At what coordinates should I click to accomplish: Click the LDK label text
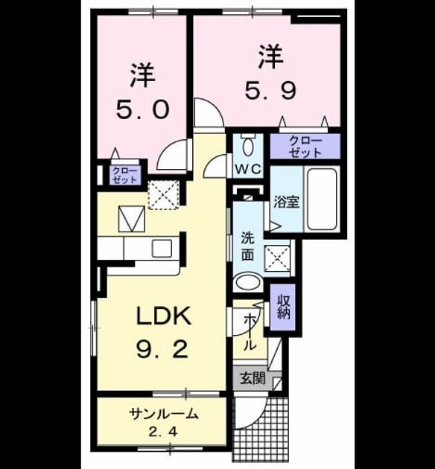click(x=164, y=316)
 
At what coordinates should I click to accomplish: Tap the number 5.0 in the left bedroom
click(x=143, y=109)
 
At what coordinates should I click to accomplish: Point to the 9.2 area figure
click(x=162, y=349)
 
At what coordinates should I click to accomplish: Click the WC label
click(x=248, y=170)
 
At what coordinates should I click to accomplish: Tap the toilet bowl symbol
click(x=248, y=146)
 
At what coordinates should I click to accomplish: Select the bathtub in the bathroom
click(x=322, y=200)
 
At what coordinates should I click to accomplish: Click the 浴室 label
click(x=287, y=202)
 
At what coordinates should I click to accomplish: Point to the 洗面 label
click(x=247, y=246)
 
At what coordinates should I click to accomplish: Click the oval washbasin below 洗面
click(x=247, y=281)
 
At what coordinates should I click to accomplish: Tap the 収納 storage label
click(x=283, y=307)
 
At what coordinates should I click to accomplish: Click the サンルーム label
click(x=164, y=414)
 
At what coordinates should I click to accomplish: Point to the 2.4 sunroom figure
click(x=163, y=432)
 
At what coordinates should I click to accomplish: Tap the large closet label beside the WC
click(x=305, y=146)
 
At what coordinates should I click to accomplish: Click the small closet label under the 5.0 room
click(x=124, y=176)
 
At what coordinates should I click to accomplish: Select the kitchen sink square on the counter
click(x=162, y=248)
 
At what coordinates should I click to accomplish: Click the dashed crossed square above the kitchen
click(x=164, y=195)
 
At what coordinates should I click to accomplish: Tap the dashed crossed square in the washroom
click(x=277, y=258)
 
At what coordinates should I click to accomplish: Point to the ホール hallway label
click(x=250, y=332)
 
